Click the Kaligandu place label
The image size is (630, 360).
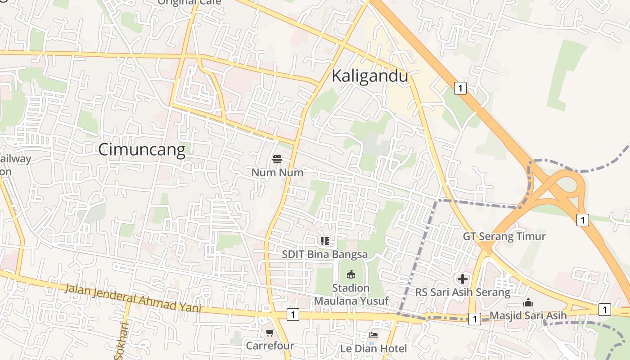point(370,76)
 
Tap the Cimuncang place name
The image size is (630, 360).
point(142,150)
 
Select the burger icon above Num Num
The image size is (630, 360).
point(277,159)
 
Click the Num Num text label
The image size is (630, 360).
point(277,172)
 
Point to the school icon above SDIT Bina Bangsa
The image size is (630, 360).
point(325,241)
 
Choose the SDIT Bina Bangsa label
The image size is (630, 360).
point(325,254)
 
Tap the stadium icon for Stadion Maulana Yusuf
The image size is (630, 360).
point(351,274)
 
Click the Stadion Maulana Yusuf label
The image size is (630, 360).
point(351,294)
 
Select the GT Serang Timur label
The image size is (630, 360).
point(504,236)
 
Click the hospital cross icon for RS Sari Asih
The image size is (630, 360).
point(463,279)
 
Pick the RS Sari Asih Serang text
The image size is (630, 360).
point(463,292)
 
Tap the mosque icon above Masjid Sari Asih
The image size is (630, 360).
point(529,303)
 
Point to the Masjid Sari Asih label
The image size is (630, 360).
point(528,315)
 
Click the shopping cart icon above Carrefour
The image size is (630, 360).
point(270,333)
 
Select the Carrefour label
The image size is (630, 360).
point(270,346)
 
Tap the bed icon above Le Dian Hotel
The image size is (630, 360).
point(373,335)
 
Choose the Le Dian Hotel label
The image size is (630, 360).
point(373,348)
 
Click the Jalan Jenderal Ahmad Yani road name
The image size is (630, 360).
point(132,297)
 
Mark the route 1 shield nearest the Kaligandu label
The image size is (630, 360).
point(460,88)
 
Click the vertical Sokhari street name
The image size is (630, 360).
point(121,341)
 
